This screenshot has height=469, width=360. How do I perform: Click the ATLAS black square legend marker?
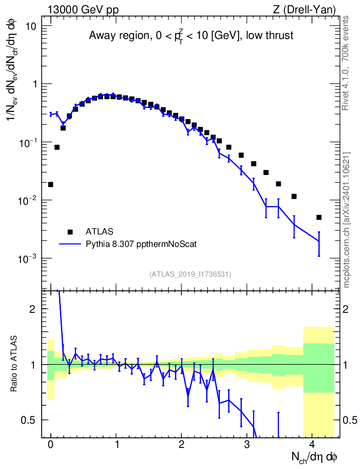click(x=70, y=232)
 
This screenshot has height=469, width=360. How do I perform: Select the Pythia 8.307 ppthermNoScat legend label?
click(x=141, y=244)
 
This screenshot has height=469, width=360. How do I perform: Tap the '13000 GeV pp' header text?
click(x=83, y=10)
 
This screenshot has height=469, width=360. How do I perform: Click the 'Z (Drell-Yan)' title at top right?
click(x=305, y=10)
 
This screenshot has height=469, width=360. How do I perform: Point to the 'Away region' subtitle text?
click(x=119, y=36)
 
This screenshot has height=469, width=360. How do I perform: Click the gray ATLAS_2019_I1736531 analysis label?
click(x=190, y=274)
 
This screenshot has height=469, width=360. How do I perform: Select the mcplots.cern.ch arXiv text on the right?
click(x=346, y=220)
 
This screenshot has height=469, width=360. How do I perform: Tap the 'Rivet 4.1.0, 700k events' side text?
click(x=345, y=63)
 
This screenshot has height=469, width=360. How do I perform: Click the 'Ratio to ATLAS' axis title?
click(x=14, y=364)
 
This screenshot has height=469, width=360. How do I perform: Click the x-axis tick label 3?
click(x=247, y=444)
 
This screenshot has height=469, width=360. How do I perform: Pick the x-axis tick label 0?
click(x=50, y=444)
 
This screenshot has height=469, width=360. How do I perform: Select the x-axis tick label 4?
click(x=312, y=444)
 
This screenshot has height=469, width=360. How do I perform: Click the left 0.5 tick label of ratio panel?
click(x=28, y=420)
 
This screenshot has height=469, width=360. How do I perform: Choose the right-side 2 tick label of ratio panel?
click(x=346, y=309)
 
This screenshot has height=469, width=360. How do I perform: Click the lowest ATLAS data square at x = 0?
click(x=50, y=185)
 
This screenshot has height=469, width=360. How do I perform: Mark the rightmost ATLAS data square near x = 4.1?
click(x=319, y=218)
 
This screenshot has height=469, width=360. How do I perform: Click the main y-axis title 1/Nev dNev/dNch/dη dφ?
click(x=12, y=70)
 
